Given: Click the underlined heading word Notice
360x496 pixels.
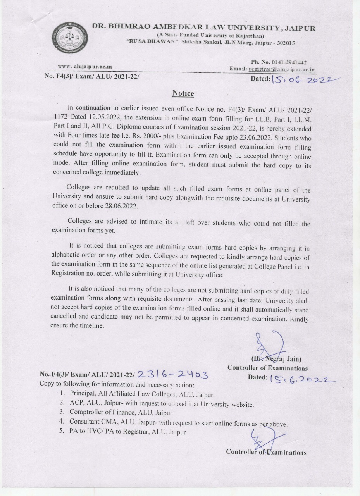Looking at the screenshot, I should pyautogui.click(x=183, y=93).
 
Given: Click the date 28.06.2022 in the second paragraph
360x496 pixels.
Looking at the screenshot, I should pyautogui.click(x=122, y=206).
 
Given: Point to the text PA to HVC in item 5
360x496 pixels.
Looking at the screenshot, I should pyautogui.click(x=86, y=431).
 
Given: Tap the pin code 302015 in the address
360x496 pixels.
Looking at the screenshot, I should pyautogui.click(x=285, y=43).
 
